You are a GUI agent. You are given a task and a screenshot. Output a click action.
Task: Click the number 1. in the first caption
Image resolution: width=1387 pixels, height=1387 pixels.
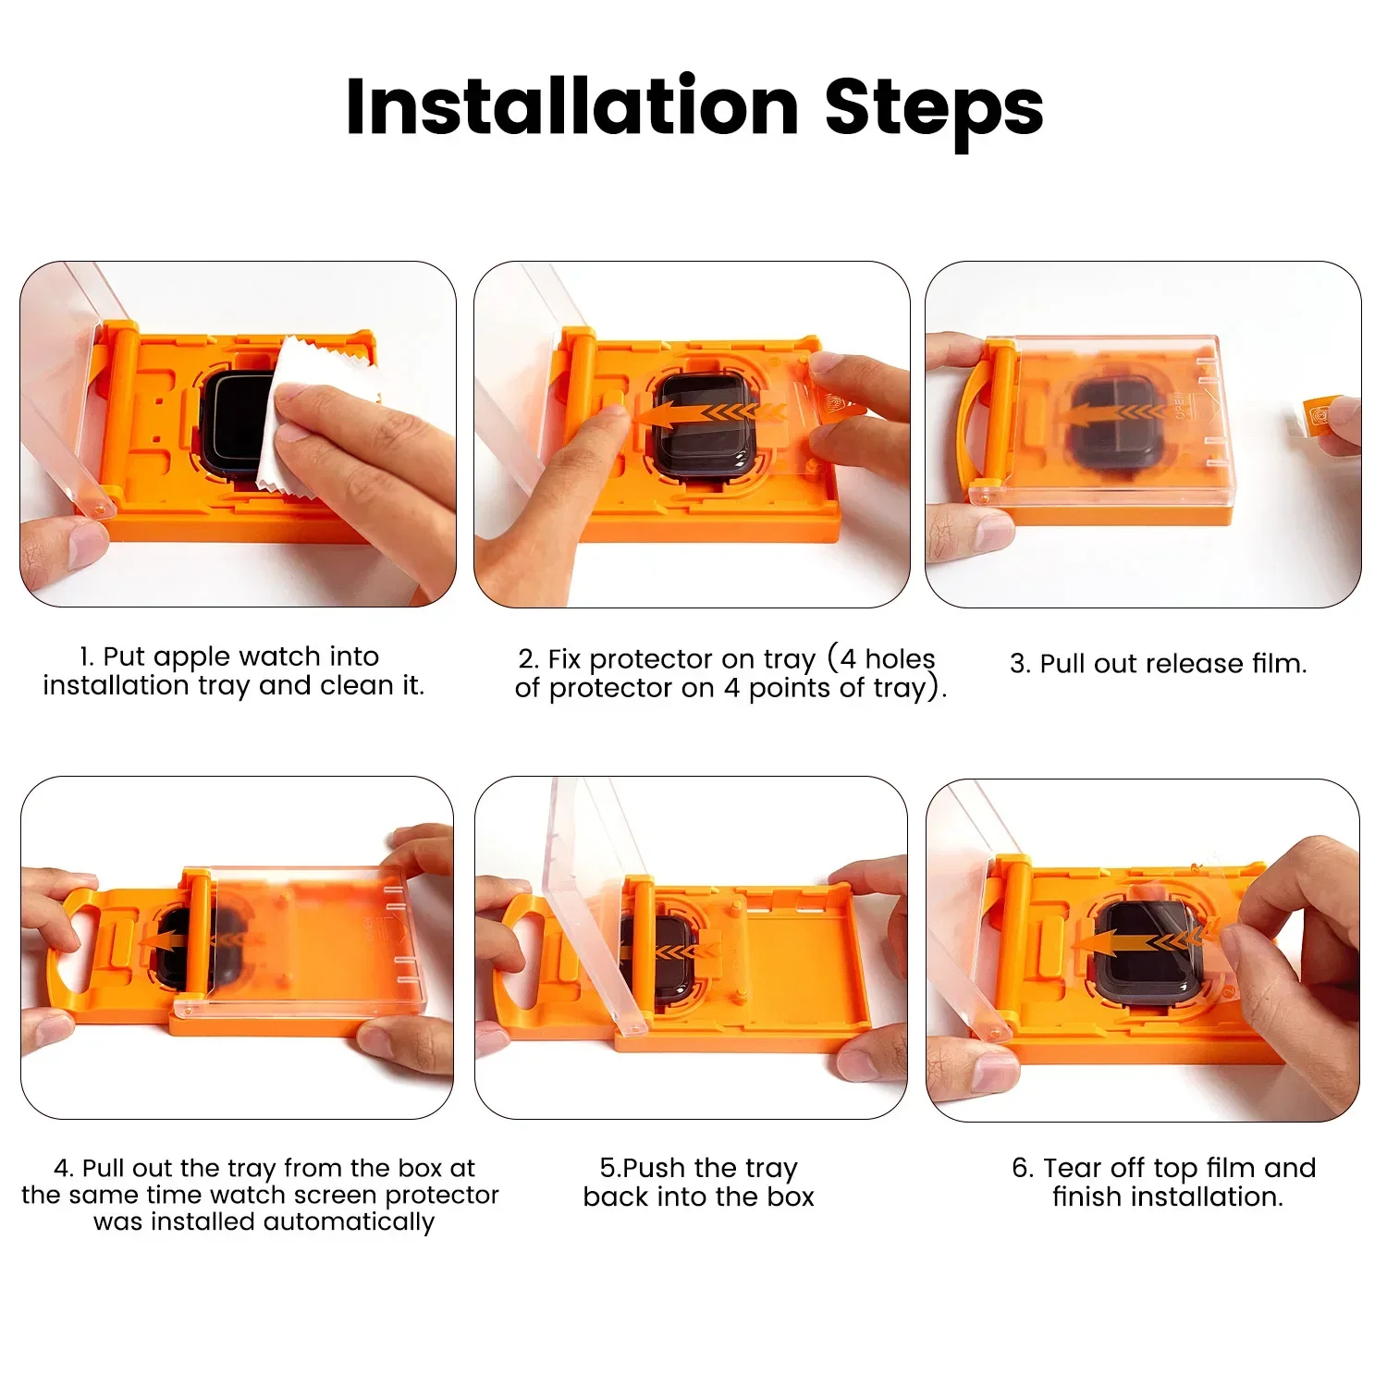click(87, 657)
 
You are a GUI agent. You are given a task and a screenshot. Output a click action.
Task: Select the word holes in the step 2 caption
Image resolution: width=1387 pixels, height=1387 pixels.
click(900, 659)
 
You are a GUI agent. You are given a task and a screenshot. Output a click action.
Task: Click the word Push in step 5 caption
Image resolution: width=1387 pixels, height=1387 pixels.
click(656, 1168)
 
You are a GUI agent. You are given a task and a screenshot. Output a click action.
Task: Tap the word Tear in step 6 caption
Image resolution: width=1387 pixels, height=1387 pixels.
click(1072, 1168)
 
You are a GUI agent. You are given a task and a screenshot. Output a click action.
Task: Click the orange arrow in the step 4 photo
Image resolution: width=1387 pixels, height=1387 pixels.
click(163, 942)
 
